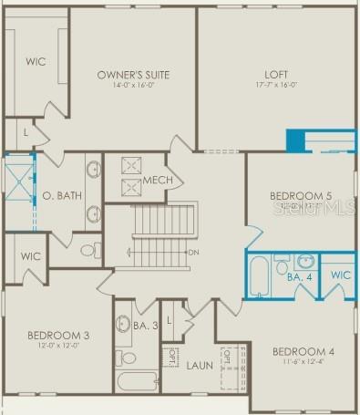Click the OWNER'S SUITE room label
(x=133, y=74)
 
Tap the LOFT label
(x=276, y=74)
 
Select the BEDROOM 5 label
(x=301, y=196)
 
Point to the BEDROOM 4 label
(x=303, y=352)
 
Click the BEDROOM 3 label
(x=57, y=335)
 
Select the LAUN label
(x=200, y=366)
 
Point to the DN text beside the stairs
(x=193, y=252)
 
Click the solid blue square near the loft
(x=295, y=140)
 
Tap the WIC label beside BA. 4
(x=340, y=275)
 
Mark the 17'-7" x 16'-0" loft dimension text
(x=276, y=85)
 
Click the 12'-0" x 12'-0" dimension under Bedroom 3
(x=57, y=346)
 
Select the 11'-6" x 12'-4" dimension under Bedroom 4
(x=303, y=363)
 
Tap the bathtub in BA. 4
(x=259, y=275)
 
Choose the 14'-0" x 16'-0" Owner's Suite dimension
(x=133, y=85)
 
